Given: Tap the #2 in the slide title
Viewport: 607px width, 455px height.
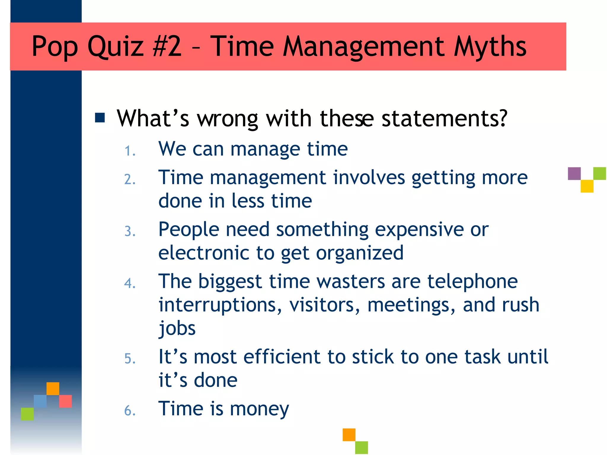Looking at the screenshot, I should pos(167,47).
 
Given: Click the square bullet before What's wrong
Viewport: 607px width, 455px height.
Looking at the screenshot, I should pos(100,118).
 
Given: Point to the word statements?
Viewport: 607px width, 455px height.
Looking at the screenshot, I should pos(444,118).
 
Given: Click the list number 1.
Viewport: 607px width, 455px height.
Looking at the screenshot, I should pos(130,151).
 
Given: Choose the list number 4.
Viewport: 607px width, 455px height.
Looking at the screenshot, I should pos(130,283).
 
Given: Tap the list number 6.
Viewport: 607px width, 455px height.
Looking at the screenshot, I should pos(130,411).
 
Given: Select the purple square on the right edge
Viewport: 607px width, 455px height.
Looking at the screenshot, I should pos(574,174).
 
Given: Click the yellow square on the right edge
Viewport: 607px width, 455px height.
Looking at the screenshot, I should pos(587,186).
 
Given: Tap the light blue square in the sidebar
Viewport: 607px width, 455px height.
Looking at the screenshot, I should pos(40,401).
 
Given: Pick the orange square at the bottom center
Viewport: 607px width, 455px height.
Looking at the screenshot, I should pos(349,435).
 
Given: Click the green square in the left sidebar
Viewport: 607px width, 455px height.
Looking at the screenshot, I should pos(27,414).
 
